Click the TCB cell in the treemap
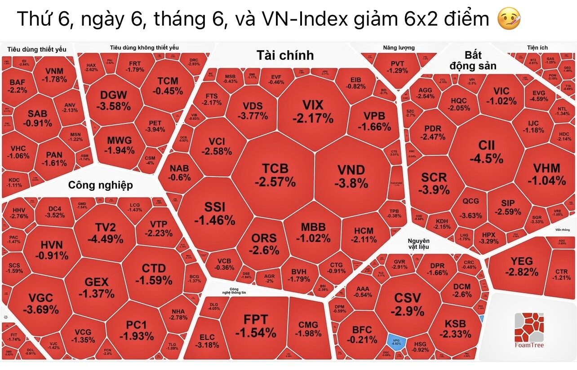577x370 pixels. coord(275,175)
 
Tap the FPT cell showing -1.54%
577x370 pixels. coord(255,326)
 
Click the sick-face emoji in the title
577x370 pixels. coord(509,19)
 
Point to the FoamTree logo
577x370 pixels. coord(529,332)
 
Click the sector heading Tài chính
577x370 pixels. coord(285,55)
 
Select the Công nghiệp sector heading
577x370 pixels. coord(100,185)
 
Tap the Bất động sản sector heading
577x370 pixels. coord(474,61)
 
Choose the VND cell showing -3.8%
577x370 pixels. coord(351,176)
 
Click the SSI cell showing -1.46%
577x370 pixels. coord(214,213)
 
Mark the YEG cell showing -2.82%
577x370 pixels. coord(521,266)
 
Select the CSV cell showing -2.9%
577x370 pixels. coord(407,304)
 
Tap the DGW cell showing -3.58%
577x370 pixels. coord(114,101)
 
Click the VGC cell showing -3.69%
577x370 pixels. coord(40,303)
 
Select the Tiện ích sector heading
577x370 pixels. coord(537,48)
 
